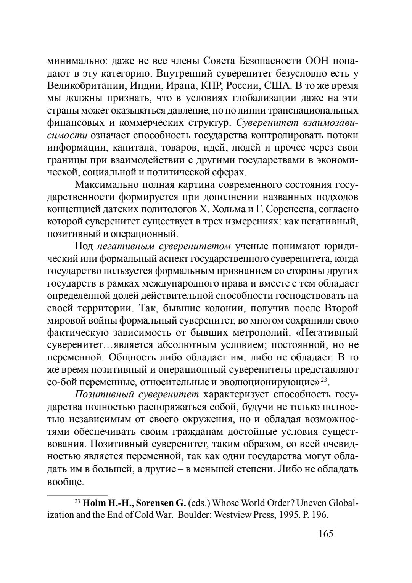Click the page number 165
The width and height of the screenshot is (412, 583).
point(325,533)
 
